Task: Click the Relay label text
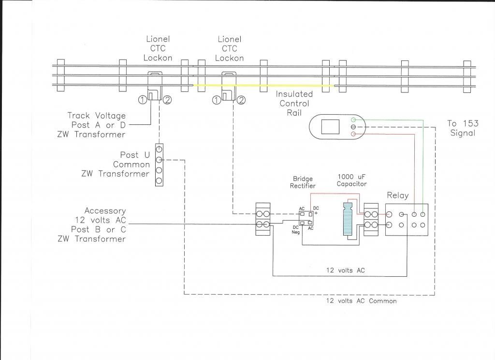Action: [397, 195]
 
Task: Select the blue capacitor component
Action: [348, 219]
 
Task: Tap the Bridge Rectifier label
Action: [303, 182]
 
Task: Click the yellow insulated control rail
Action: [263, 86]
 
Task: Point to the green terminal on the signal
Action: [353, 120]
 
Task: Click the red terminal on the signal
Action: [353, 135]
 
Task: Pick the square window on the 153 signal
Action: [330, 127]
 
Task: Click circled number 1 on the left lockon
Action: [143, 100]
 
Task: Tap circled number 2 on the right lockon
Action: [241, 101]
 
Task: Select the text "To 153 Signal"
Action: [463, 128]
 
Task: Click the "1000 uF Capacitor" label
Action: [351, 180]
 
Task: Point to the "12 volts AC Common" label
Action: [362, 301]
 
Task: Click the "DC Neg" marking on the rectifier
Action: [295, 230]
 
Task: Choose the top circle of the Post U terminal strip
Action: [159, 149]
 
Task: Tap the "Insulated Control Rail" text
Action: [294, 104]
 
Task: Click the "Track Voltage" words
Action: [96, 116]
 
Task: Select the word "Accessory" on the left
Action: [105, 211]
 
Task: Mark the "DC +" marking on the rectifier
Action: [316, 210]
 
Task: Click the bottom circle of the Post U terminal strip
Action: [159, 181]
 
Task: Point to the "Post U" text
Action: [135, 155]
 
